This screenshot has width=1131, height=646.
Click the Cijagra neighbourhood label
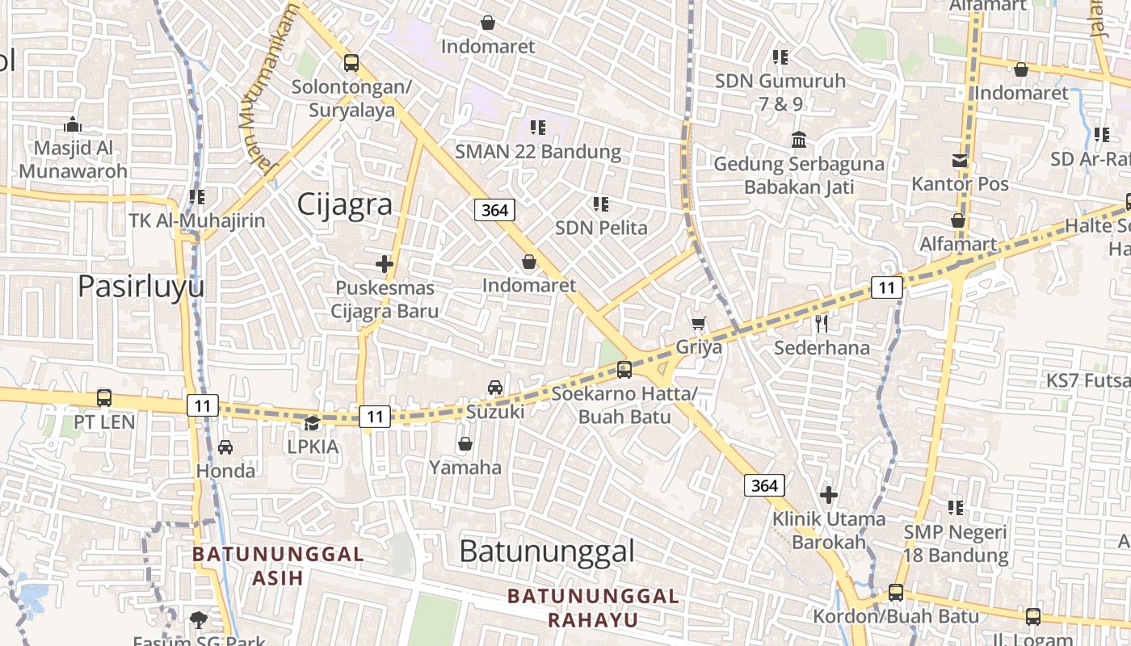click(345, 204)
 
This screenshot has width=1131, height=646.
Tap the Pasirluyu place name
click(141, 287)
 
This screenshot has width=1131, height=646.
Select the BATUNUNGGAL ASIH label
click(278, 566)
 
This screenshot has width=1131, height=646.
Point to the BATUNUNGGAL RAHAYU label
click(593, 608)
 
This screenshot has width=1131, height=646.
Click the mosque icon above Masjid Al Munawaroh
click(73, 124)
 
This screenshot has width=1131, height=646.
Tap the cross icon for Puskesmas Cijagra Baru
click(385, 263)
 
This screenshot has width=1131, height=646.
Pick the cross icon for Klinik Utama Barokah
click(828, 494)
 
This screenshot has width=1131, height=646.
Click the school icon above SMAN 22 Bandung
click(538, 127)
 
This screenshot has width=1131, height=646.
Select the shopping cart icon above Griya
click(699, 323)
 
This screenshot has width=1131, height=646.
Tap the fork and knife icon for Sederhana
click(822, 324)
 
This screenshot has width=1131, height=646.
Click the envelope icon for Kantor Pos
click(960, 160)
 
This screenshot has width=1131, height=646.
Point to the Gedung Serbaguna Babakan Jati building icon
click(799, 140)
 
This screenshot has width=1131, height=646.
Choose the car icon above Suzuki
click(495, 388)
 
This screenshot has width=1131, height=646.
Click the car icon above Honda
click(225, 447)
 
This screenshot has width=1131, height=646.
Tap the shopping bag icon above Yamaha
click(465, 443)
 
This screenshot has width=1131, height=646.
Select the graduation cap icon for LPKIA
click(312, 422)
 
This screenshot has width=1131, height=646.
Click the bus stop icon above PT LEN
click(104, 397)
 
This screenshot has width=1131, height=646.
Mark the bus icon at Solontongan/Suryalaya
click(351, 62)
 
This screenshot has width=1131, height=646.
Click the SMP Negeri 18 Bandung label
click(956, 543)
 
